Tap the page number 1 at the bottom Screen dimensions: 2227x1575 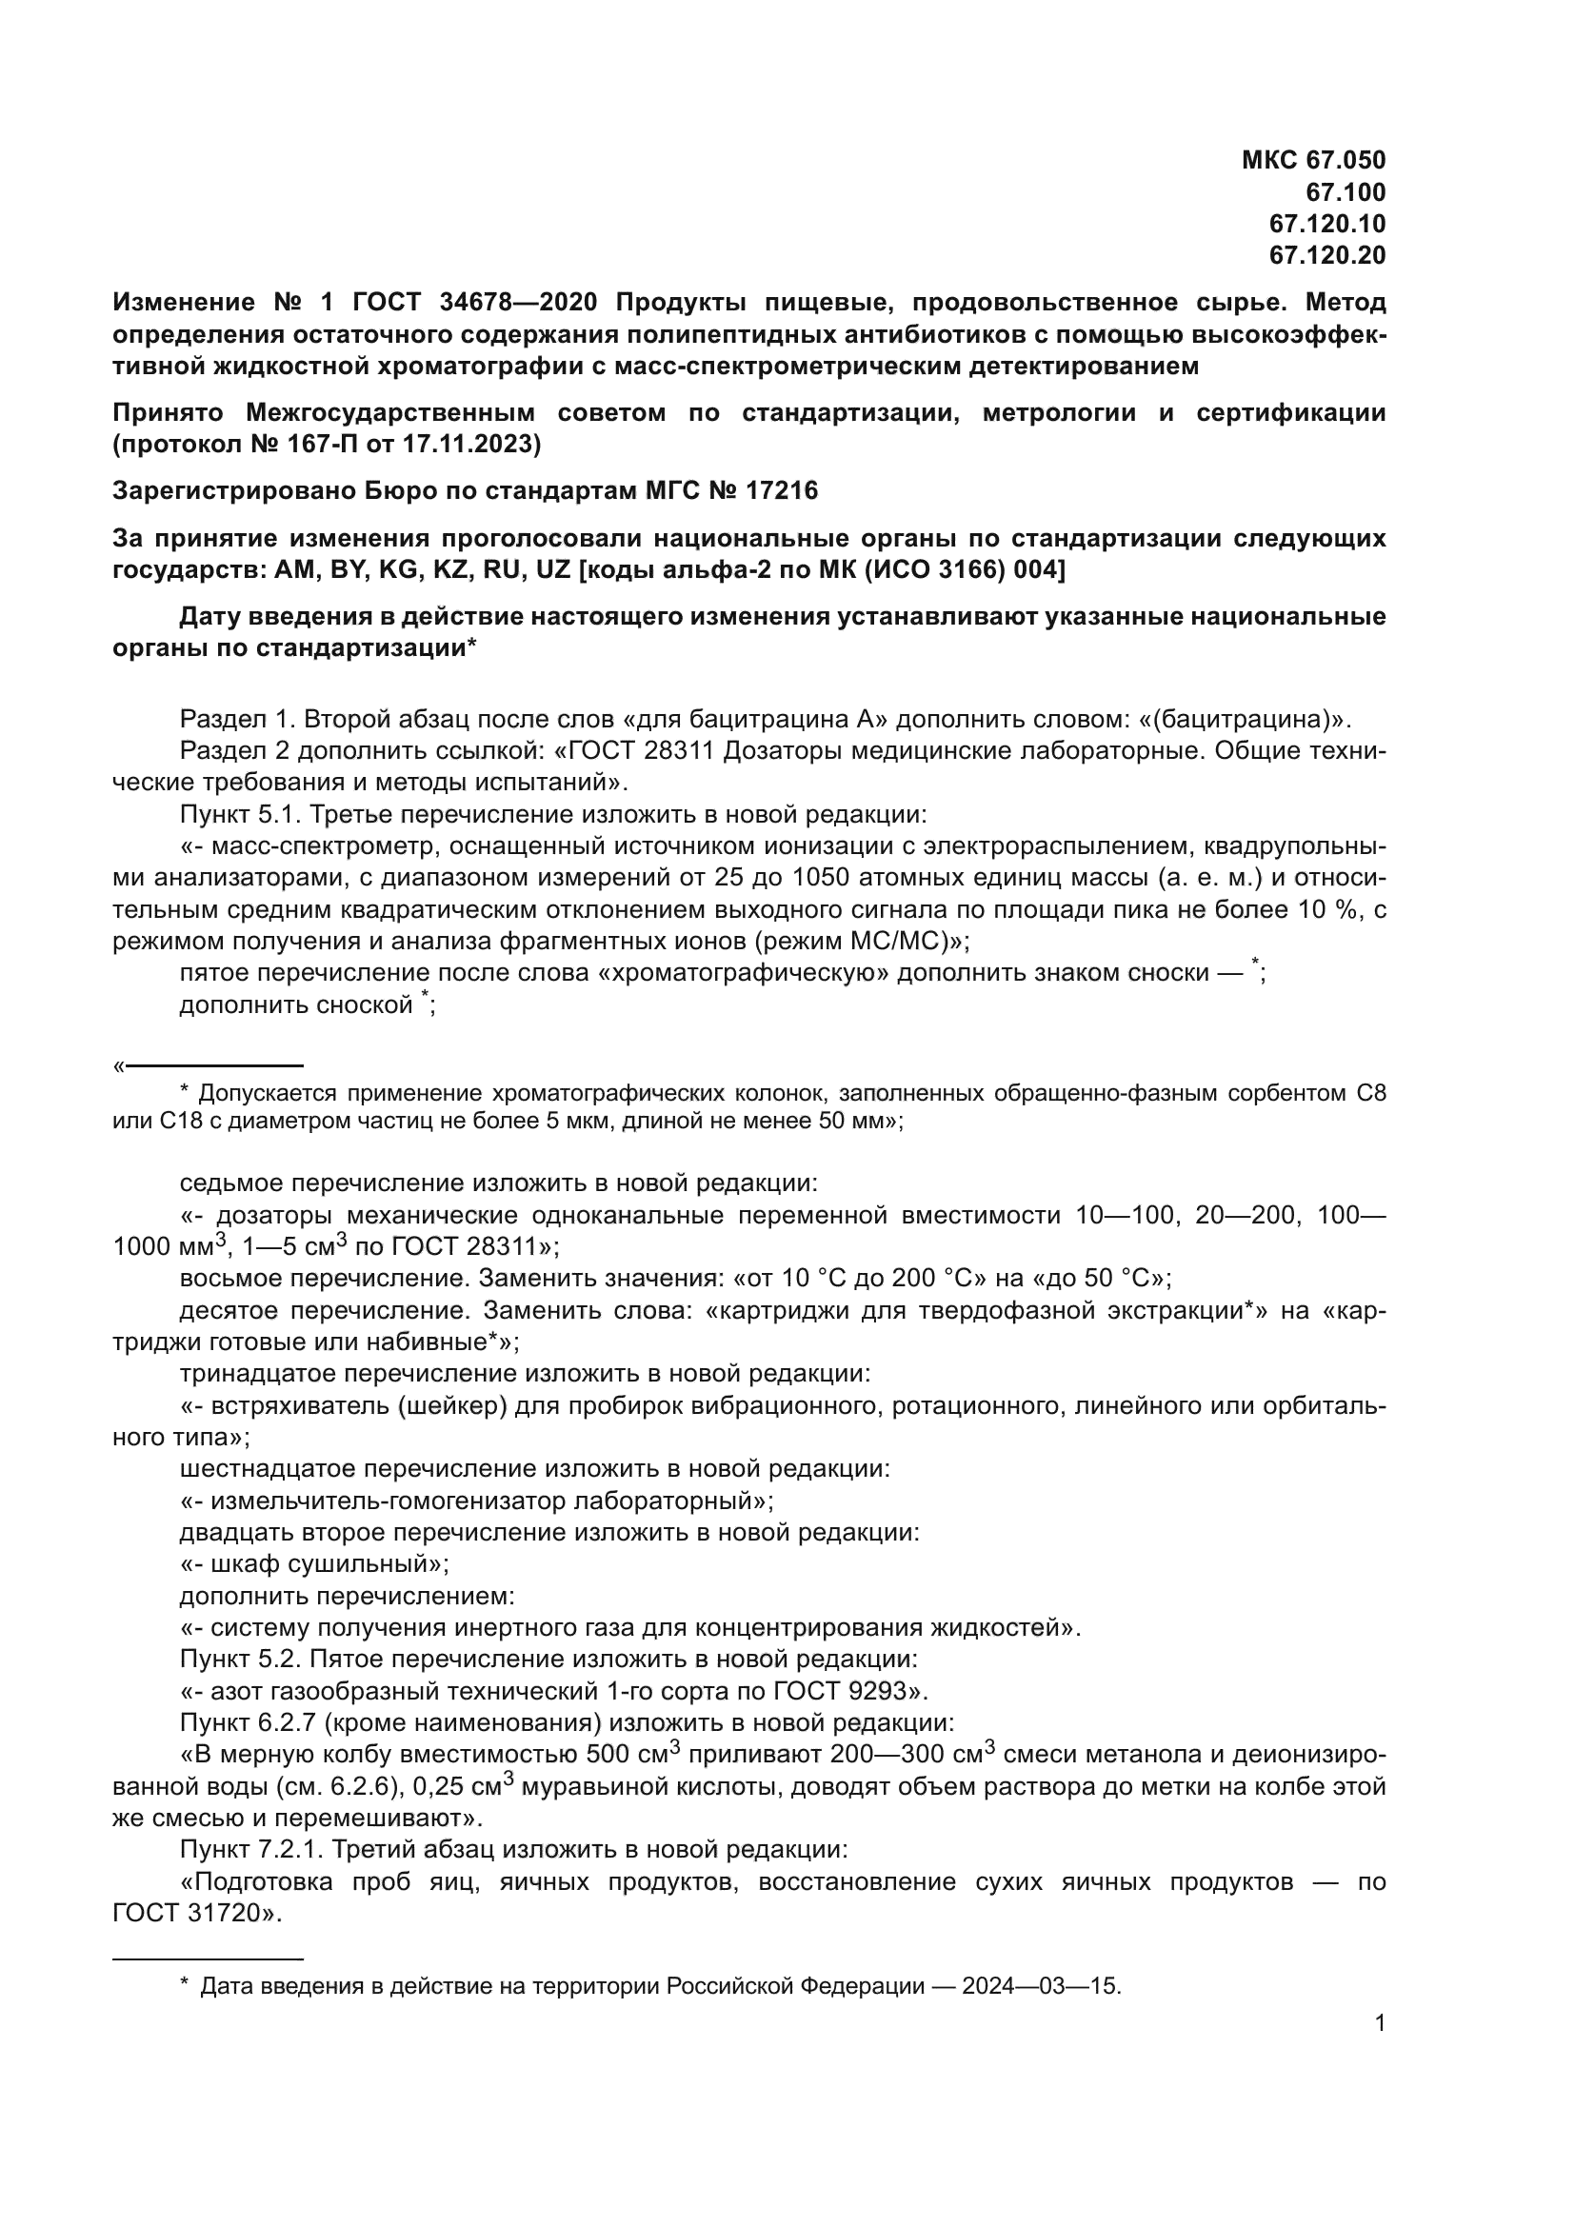tap(1380, 2023)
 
